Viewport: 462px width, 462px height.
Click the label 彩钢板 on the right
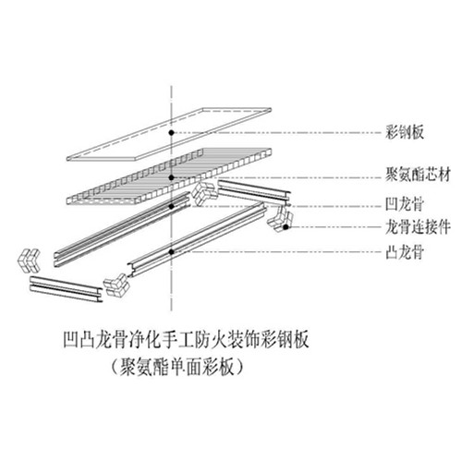(x=405, y=132)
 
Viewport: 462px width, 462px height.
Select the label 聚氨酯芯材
(x=418, y=175)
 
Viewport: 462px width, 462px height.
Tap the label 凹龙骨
(x=405, y=204)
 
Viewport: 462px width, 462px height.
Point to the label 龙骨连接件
(x=418, y=227)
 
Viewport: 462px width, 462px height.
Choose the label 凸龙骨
(x=405, y=252)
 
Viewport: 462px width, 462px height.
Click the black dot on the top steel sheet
(x=171, y=133)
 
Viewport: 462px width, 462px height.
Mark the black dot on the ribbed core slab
(x=172, y=177)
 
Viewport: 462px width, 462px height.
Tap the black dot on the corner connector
(x=286, y=227)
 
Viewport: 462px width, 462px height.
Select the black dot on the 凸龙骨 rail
(x=171, y=251)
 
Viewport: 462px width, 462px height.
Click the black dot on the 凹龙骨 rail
(x=172, y=206)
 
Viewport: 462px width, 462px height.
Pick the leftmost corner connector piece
(x=29, y=261)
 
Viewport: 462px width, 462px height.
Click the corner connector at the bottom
(x=116, y=284)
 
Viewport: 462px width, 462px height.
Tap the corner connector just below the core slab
(x=204, y=194)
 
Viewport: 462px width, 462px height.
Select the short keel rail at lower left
(x=67, y=289)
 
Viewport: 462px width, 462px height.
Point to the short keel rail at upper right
(x=254, y=193)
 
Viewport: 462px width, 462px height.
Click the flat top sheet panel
(x=169, y=134)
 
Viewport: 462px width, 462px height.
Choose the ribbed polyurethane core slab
(x=169, y=176)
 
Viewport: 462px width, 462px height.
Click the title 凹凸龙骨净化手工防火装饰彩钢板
(x=186, y=339)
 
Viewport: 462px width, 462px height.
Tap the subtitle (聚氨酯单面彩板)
(x=178, y=367)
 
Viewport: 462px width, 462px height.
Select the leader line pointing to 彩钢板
(x=276, y=133)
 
